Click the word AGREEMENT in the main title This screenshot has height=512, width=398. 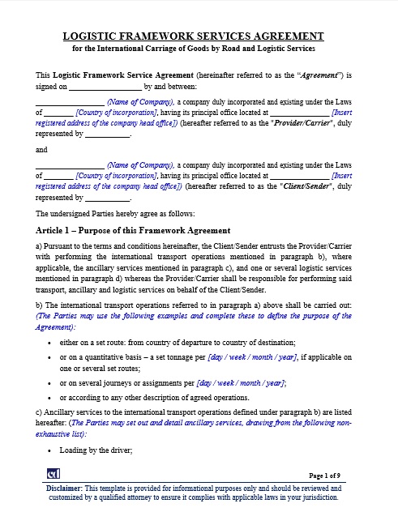pos(286,36)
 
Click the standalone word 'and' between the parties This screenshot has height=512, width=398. pos(41,150)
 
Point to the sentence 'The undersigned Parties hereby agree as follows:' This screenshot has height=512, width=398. pos(115,214)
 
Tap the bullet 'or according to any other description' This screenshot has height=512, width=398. pos(154,398)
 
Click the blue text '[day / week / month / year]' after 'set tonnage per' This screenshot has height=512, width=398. pos(253,356)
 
